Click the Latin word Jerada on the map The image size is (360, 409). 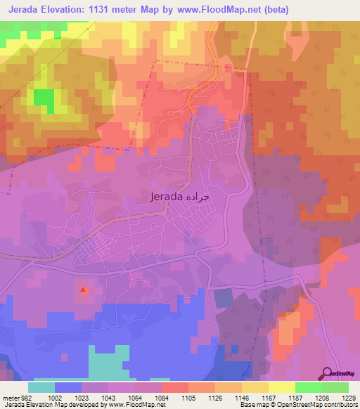(167, 197)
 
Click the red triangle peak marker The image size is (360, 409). (84, 289)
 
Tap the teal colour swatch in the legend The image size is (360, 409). (41, 387)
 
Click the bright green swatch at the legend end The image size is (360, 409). (335, 387)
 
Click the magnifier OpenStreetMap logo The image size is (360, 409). (328, 373)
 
